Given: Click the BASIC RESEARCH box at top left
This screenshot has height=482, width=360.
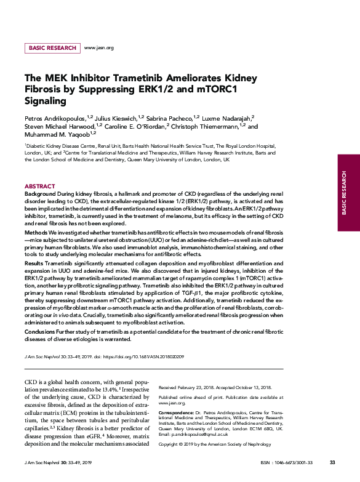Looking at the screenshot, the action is (x=52, y=47).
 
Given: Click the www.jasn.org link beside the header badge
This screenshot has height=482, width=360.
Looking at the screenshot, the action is (x=98, y=47).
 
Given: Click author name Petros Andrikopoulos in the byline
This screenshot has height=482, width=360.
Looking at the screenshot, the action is (x=55, y=117).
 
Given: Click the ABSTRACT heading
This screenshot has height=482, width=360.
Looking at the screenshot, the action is (x=39, y=186).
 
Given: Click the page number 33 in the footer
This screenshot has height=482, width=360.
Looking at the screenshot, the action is (x=332, y=462).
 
